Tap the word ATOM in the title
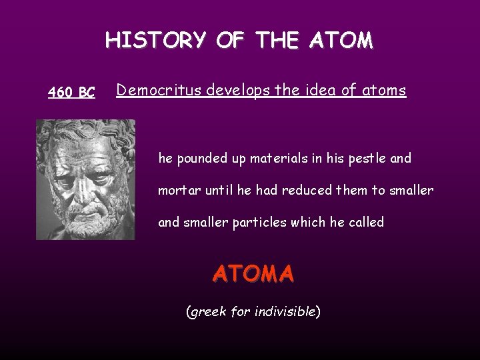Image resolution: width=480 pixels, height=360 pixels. [342, 41]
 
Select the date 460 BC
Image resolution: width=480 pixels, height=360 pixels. [71, 93]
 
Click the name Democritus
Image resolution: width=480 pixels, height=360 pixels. [158, 91]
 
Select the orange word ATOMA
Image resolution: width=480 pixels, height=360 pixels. [253, 273]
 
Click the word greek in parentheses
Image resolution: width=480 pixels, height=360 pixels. [209, 311]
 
